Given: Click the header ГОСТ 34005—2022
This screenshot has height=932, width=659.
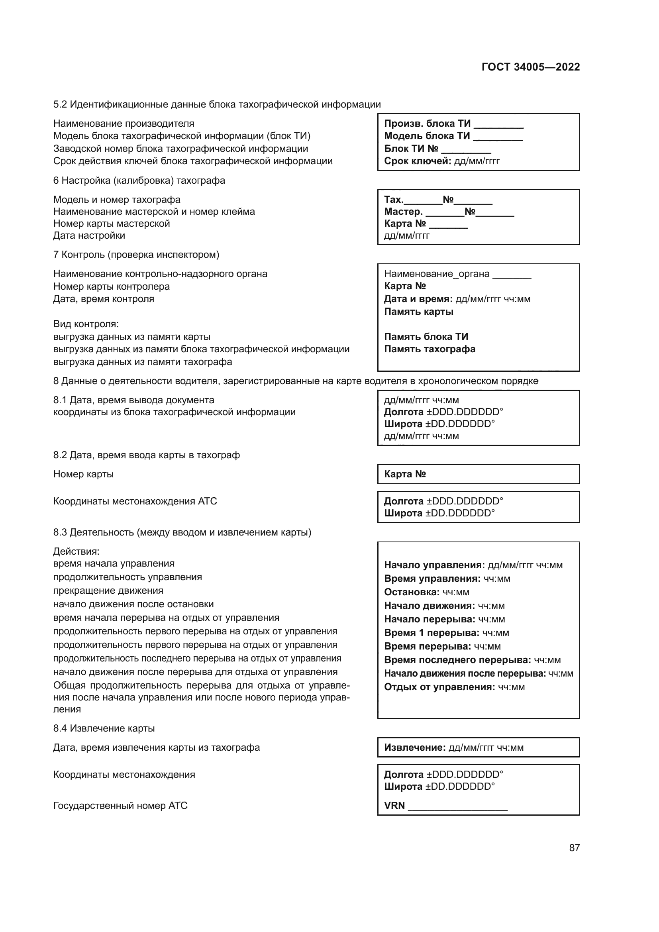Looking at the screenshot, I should coord(530,67).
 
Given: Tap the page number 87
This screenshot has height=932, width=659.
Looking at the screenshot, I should coord(574,848).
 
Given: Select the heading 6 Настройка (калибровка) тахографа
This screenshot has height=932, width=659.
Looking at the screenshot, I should coord(139,181).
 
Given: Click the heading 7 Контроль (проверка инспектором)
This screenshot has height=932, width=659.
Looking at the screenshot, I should coord(136,255).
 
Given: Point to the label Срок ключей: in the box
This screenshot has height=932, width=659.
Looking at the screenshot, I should coord(417,161).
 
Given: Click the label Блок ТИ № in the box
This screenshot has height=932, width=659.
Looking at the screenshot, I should coord(411,149).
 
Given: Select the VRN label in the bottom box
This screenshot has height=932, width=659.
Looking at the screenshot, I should coord(394,806).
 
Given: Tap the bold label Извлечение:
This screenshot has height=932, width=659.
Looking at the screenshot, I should coord(415,748).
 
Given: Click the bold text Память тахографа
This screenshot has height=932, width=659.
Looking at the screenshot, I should coord(430,349).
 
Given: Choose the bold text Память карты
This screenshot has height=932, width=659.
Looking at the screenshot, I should coord(418,312).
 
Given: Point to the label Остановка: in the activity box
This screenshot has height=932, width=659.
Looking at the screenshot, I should coord(412,592).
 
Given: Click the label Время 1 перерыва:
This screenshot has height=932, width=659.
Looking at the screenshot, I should coord(431,633).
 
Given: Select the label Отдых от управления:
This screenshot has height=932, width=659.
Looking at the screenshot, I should coord(439,687).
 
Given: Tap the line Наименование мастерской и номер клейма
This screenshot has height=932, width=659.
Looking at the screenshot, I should coord(154,212).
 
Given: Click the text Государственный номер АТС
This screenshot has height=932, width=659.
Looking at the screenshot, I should coord(120,806).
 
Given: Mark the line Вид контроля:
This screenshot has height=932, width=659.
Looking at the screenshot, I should coord(86,324).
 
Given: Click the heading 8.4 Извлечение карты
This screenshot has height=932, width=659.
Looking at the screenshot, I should coord(104,729).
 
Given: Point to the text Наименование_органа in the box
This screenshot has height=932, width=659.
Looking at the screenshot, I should coord(437,274).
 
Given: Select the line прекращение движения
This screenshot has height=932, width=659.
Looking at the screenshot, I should coord(108,591).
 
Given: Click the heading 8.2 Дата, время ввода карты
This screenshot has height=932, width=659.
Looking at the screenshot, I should coord(146,455).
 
